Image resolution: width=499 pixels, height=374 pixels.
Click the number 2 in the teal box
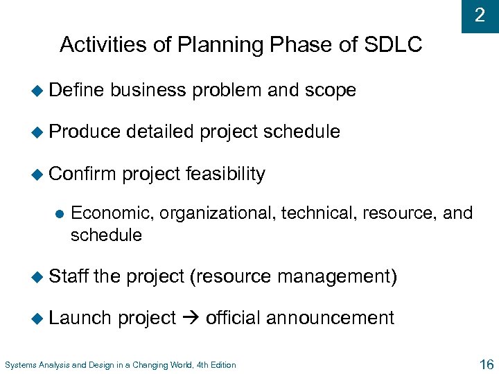tap(480, 15)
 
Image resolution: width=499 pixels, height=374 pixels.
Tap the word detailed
tap(160, 132)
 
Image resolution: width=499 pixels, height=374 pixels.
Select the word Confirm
tap(82, 174)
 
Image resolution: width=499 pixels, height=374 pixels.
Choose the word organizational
tap(218, 213)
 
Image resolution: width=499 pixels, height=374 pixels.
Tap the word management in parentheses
tap(335, 276)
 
